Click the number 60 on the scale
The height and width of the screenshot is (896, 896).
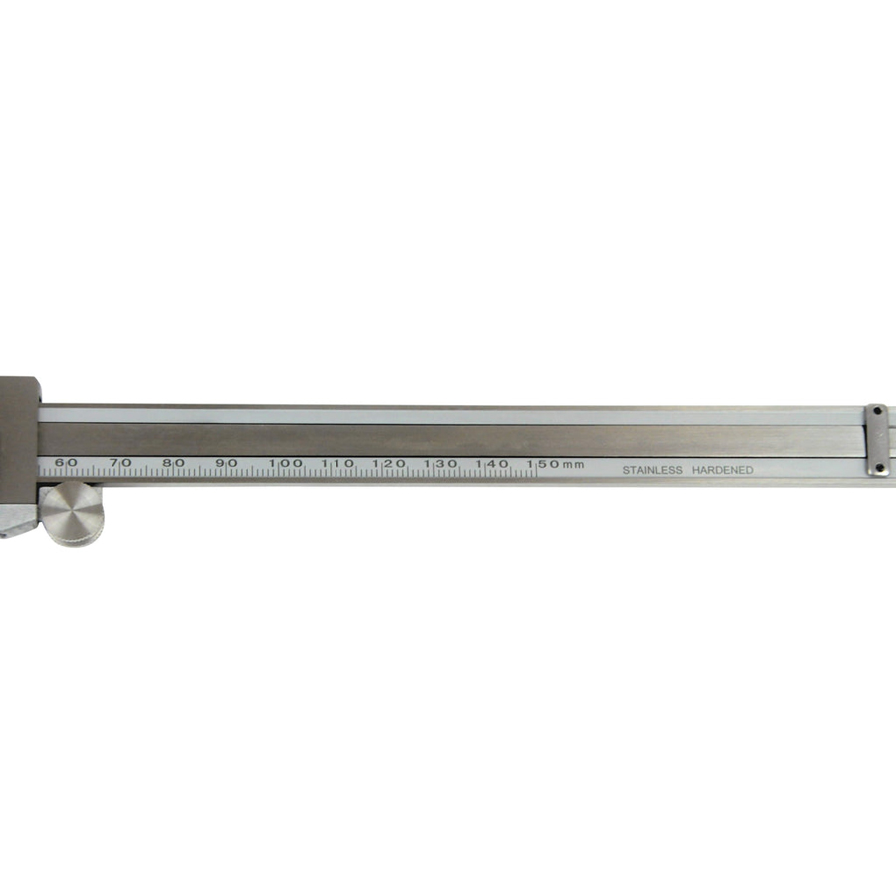point(66,462)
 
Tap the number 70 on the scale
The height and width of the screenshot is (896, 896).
point(120,462)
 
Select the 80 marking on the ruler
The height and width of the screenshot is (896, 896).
point(173,462)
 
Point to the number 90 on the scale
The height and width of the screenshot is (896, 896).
point(226,462)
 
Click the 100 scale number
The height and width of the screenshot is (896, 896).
point(286,463)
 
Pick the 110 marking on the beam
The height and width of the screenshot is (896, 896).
point(337,463)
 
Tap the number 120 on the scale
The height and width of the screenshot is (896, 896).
point(389,463)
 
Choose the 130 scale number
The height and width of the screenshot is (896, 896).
point(441,464)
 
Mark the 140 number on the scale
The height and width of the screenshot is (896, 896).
point(492,464)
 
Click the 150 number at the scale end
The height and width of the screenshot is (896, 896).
point(543,464)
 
